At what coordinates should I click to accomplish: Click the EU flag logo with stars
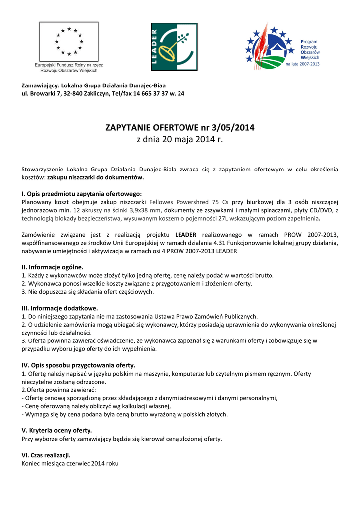(69, 41)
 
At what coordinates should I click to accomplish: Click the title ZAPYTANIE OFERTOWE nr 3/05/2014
(180, 128)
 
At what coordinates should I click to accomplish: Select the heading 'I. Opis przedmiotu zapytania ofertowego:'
(82, 193)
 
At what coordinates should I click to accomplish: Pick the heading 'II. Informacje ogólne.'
(53, 267)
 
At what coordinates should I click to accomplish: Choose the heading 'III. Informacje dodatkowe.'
(60, 308)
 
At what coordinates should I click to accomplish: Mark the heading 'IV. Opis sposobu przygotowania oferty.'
(79, 365)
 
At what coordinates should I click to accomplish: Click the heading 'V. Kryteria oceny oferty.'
(57, 430)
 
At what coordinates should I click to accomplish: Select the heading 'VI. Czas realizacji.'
(46, 455)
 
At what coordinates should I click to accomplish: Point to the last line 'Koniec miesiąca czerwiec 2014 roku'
(70, 463)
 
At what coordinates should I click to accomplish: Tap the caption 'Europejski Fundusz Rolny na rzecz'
(69, 65)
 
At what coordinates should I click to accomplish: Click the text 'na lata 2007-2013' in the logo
(303, 64)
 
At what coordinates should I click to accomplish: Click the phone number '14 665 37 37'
(151, 93)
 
